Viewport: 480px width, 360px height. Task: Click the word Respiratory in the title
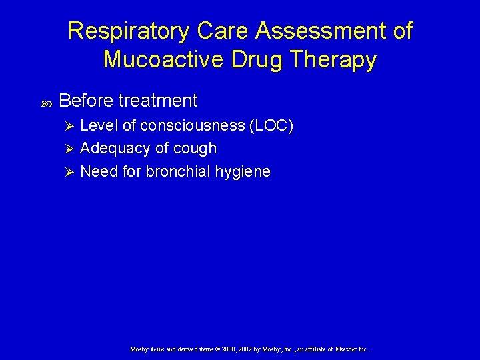click(126, 31)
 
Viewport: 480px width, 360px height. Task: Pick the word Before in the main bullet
click(86, 101)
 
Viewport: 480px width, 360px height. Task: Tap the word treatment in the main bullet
click(157, 101)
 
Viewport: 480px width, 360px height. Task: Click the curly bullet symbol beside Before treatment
click(47, 102)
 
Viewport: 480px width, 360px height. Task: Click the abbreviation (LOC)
click(271, 126)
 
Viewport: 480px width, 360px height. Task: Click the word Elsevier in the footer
click(342, 349)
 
